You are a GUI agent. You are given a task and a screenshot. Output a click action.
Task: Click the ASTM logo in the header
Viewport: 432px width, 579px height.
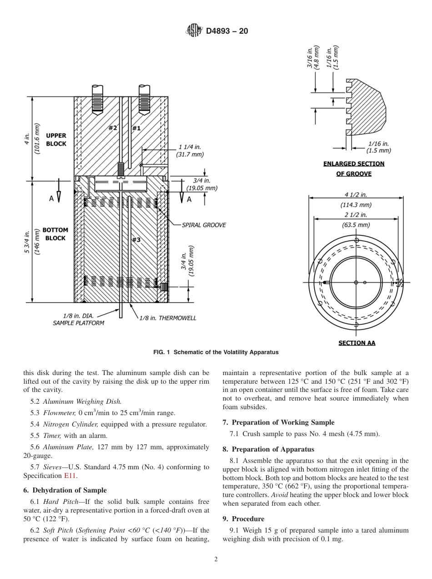click(195, 31)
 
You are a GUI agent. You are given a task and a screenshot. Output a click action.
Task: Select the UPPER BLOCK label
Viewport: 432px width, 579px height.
click(56, 140)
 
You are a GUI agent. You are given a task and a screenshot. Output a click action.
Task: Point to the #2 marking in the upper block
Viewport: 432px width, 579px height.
click(113, 128)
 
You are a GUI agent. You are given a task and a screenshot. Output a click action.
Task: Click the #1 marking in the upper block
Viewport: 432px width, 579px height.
click(136, 128)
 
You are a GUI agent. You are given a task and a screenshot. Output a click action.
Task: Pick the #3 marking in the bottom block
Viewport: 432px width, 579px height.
click(136, 240)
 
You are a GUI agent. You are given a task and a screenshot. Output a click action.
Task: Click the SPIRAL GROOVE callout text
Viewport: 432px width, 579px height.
click(204, 225)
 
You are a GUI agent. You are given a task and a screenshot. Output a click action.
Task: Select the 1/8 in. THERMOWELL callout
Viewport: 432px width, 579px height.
click(168, 318)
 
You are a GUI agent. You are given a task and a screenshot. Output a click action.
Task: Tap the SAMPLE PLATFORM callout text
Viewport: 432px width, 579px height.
click(79, 323)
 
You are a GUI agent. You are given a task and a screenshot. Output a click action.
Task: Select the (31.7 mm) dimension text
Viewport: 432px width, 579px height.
click(190, 155)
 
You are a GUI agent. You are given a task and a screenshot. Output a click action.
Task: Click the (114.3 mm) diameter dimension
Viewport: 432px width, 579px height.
click(356, 205)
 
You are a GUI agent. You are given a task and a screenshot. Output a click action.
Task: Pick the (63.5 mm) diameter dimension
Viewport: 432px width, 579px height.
click(356, 225)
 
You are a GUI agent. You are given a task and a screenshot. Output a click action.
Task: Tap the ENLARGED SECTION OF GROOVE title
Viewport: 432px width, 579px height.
click(353, 168)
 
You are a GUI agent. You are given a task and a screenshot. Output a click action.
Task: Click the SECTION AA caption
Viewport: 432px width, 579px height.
click(357, 343)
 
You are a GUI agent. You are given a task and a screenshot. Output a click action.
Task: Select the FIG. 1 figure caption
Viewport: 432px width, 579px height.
click(216, 352)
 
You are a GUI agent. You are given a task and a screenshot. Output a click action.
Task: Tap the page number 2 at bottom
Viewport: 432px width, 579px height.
click(216, 559)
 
